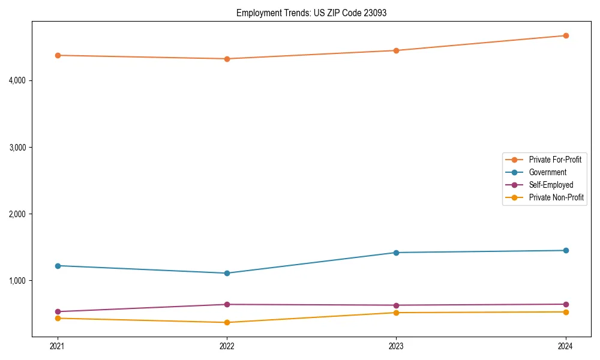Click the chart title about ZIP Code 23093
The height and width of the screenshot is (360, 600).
[x=311, y=13]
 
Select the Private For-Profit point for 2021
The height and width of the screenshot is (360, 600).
[x=58, y=55]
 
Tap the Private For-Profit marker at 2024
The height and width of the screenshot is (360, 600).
[x=566, y=35]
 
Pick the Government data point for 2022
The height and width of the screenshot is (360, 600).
[x=227, y=273]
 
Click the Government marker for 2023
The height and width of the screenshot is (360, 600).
[x=396, y=253]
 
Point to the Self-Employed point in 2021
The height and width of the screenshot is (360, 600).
[x=58, y=312]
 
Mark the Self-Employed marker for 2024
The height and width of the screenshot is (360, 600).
[x=566, y=304]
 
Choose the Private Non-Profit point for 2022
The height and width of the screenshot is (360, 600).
[x=227, y=322]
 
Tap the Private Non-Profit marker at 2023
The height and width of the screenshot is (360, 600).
[x=396, y=313]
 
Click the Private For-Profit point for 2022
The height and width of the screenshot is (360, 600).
[x=227, y=59]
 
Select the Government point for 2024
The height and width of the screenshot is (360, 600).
[x=566, y=250]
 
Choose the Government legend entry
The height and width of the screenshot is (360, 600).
[x=547, y=172]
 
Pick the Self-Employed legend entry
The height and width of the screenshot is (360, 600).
[x=551, y=185]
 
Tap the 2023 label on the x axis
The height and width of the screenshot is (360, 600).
[x=396, y=346]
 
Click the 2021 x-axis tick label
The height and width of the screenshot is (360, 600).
[x=58, y=346]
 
